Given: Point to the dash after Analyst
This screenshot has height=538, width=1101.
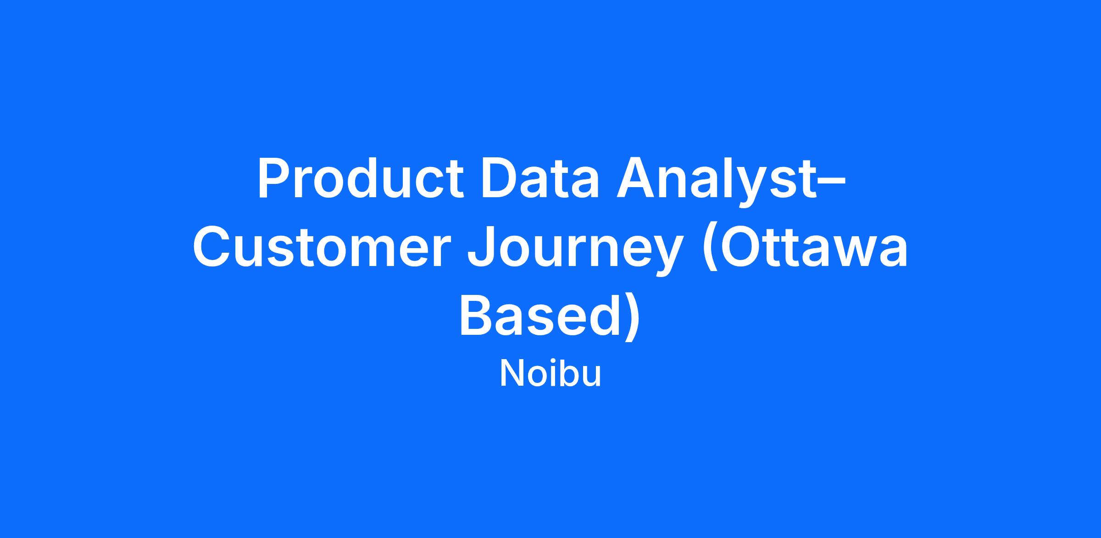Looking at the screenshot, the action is click(832, 183).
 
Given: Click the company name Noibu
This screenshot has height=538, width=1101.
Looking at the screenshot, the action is click(550, 374).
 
